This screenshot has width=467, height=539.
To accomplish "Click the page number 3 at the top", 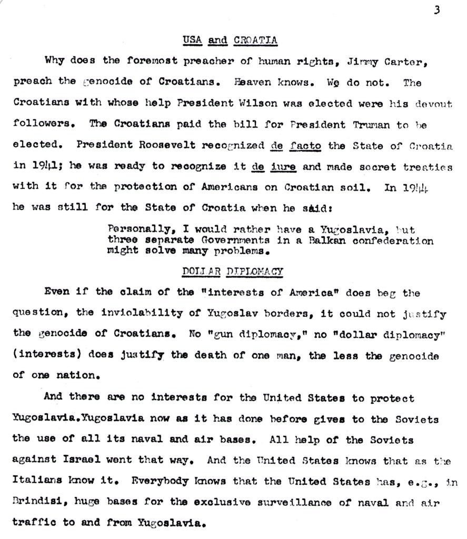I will click(x=436, y=10).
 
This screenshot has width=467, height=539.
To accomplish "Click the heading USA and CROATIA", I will click(x=230, y=40).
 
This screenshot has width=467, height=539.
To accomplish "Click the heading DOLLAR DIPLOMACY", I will click(x=232, y=272).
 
